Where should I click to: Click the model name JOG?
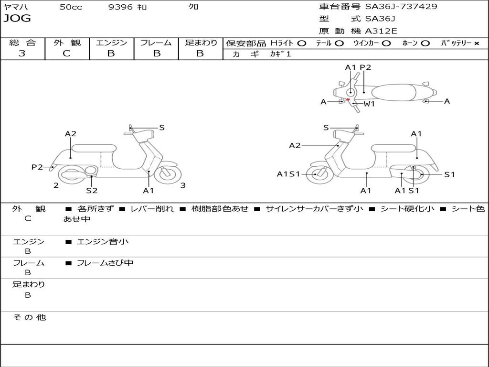(17, 19)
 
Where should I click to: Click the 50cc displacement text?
(71, 7)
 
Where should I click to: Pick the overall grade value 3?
(22, 54)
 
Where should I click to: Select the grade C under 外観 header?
(67, 54)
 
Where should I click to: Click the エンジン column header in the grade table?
(111, 43)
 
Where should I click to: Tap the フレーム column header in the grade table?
(156, 43)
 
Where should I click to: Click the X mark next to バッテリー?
(476, 43)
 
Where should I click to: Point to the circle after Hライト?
(301, 43)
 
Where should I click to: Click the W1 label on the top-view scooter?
(369, 104)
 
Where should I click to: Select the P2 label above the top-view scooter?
(365, 67)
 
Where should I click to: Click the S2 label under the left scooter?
(92, 191)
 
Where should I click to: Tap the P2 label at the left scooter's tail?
(37, 167)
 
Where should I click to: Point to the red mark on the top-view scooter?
(348, 99)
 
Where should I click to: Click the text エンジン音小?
(102, 242)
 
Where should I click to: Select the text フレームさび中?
(105, 263)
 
